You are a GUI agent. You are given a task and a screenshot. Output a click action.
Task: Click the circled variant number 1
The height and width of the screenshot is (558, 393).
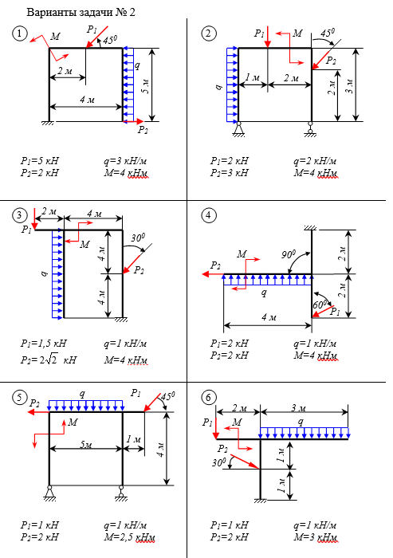pyautogui.click(x=20, y=33)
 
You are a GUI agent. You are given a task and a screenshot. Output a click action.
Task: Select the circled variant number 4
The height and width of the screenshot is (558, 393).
pyautogui.click(x=208, y=215)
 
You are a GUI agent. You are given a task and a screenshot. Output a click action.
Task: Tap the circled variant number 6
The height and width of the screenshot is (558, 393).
pyautogui.click(x=208, y=398)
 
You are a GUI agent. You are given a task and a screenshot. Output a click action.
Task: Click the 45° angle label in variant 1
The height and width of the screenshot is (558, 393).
pyautogui.click(x=110, y=39)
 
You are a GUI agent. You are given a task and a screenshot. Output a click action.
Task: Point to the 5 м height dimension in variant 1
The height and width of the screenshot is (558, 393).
pyautogui.click(x=146, y=85)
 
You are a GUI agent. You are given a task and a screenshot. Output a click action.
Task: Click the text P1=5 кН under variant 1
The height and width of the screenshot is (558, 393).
pyautogui.click(x=39, y=161)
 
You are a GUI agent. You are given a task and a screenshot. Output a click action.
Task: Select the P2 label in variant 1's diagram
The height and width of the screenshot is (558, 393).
pyautogui.click(x=143, y=130)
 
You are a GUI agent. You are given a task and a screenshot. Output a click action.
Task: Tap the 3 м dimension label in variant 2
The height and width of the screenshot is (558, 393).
pyautogui.click(x=350, y=86)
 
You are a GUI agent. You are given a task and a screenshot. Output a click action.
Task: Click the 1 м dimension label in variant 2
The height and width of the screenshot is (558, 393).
pyautogui.click(x=253, y=77)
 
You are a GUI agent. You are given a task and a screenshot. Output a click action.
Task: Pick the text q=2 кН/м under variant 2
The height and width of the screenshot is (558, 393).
pyautogui.click(x=315, y=161)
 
